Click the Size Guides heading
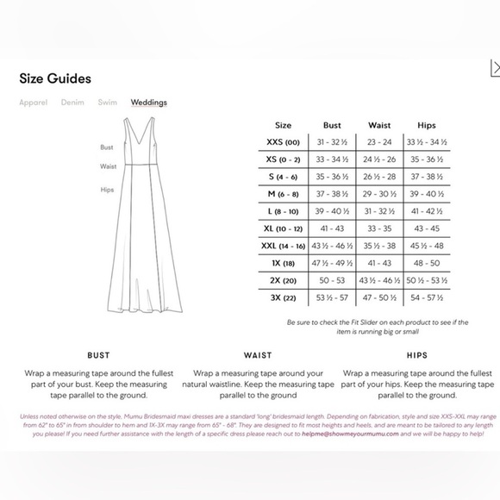click(x=55, y=78)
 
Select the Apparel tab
click(x=34, y=103)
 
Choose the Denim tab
click(x=72, y=103)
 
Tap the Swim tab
click(x=107, y=103)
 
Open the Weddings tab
click(x=149, y=103)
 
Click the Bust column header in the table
click(x=332, y=125)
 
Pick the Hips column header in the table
click(x=426, y=125)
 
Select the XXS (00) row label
click(x=283, y=142)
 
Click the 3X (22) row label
click(x=283, y=297)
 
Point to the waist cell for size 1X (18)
click(x=379, y=263)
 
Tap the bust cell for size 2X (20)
click(x=332, y=280)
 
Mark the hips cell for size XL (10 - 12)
click(x=426, y=228)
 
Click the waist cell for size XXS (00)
click(x=379, y=142)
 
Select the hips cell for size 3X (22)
click(x=426, y=297)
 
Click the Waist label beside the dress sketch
click(x=108, y=166)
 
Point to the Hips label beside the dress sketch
click(x=108, y=190)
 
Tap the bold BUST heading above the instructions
click(x=98, y=354)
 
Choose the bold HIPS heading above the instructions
click(x=417, y=354)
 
